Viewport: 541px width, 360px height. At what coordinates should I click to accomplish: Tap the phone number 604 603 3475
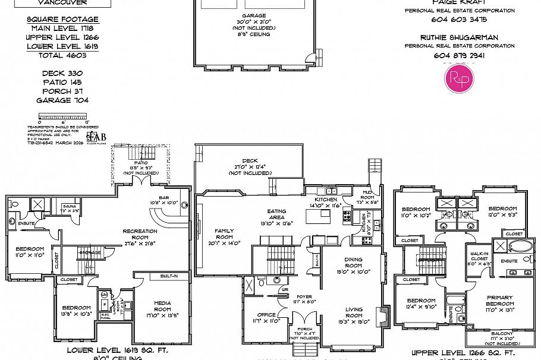coord(460,20)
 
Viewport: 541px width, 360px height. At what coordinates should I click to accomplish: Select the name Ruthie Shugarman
coord(460,37)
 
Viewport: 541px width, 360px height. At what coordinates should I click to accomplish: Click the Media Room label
coord(162,305)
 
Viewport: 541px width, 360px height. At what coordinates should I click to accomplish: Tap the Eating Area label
coord(276,214)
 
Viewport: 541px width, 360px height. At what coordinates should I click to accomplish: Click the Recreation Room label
coord(140,234)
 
